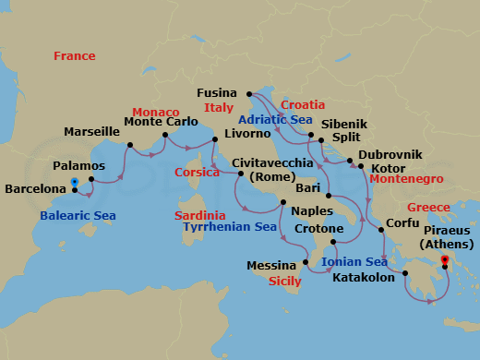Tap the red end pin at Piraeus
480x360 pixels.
click(445, 261)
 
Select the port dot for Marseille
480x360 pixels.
click(129, 143)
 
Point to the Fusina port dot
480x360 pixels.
click(250, 93)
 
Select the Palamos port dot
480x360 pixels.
click(90, 179)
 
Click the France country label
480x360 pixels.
click(74, 56)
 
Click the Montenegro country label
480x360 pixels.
click(406, 179)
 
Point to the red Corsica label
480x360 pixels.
click(196, 173)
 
